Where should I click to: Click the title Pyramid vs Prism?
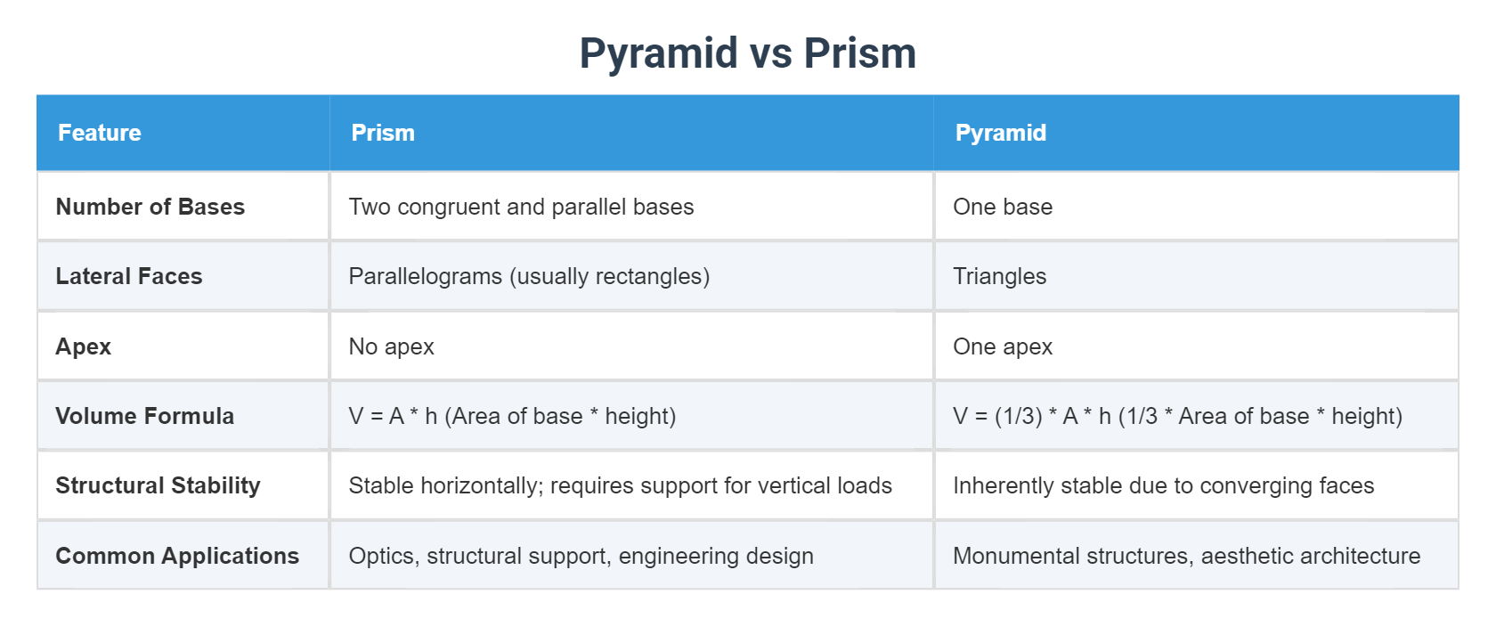pos(747,53)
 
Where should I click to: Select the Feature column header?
pos(100,133)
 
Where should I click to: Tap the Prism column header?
pos(383,133)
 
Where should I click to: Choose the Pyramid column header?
pos(1000,133)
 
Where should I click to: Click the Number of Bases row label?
pos(150,207)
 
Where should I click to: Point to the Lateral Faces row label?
pos(129,276)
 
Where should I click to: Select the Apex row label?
pos(84,346)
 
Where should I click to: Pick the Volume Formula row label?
pos(144,416)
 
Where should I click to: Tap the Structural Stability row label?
pos(158,485)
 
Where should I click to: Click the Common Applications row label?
pos(177,556)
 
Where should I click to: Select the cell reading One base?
pos(1003,207)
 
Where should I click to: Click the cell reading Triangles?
pos(999,276)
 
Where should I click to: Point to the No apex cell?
pos(391,346)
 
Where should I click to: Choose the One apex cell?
pos(1003,346)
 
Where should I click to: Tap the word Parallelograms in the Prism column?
pos(425,276)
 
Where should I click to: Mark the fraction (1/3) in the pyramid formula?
pos(1018,416)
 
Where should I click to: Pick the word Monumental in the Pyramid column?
pos(1008,556)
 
